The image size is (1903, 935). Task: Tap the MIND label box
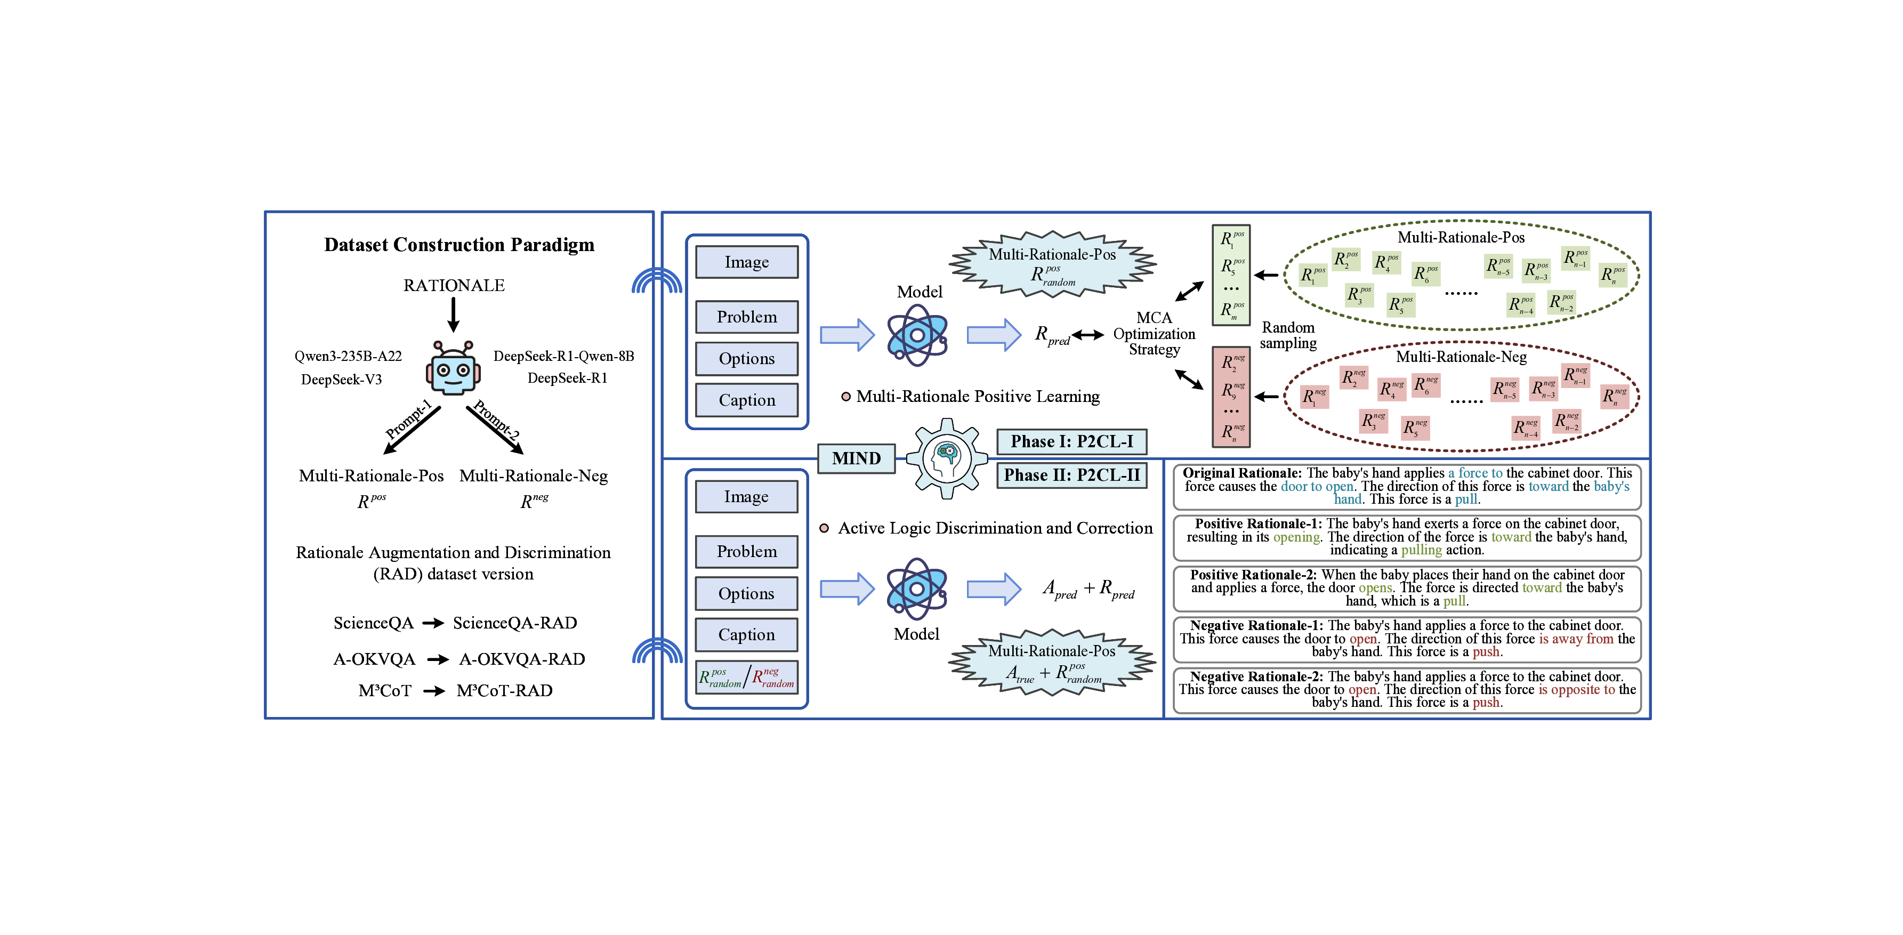coord(856,458)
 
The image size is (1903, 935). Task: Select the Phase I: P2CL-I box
coord(1071,442)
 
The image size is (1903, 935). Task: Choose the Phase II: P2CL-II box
coord(1071,475)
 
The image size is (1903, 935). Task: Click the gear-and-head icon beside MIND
coord(946,458)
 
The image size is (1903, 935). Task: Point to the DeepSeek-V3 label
coord(341,380)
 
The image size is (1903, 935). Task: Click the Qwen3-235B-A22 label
coord(348,356)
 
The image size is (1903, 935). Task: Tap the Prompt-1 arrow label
coord(408,419)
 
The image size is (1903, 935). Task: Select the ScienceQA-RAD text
coord(515,623)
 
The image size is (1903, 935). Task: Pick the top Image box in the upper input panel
coord(747,262)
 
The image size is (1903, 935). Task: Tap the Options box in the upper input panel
coord(747,359)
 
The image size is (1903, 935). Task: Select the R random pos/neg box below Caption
coord(746,677)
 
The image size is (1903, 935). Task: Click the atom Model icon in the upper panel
coord(917,336)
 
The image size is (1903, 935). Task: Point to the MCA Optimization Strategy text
coord(1154,334)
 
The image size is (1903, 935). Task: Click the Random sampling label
coord(1288,335)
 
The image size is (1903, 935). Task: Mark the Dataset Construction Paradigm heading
coord(459,245)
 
